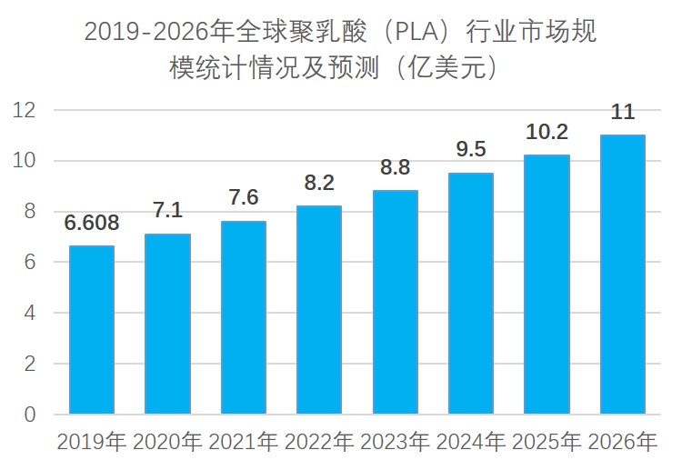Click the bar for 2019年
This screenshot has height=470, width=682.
92,330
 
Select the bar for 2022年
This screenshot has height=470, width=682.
319,310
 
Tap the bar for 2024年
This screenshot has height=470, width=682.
471,294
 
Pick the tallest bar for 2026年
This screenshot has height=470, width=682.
622,275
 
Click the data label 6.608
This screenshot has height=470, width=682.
91,224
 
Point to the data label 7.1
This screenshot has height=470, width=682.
167,211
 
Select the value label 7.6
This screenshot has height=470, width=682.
244,198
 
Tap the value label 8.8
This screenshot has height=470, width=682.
395,168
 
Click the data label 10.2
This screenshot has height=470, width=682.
547,132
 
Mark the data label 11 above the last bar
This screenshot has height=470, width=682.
623,113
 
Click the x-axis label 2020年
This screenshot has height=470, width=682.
167,443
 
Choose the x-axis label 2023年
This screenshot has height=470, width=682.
395,443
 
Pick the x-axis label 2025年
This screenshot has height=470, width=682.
547,443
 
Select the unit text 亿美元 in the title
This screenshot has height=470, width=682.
440,68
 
